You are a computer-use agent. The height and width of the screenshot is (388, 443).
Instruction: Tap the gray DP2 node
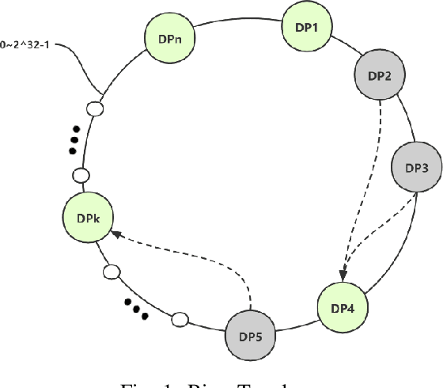pyautogui.click(x=379, y=76)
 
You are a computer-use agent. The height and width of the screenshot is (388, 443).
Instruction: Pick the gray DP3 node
pyautogui.click(x=416, y=168)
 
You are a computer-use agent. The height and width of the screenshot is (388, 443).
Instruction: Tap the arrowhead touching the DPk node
pyautogui.click(x=115, y=232)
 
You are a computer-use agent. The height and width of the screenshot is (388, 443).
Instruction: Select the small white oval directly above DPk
pyautogui.click(x=80, y=174)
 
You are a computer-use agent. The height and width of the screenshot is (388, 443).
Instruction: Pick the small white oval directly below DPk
pyautogui.click(x=112, y=272)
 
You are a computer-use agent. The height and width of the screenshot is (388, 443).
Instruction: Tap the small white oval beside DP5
pyautogui.click(x=180, y=319)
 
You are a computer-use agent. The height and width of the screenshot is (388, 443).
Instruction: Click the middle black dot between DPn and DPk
pyautogui.click(x=74, y=140)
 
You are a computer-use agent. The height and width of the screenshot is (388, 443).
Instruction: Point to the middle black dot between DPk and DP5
pyautogui.click(x=136, y=308)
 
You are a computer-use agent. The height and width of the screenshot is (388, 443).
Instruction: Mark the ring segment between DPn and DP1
pyautogui.click(x=237, y=13)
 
